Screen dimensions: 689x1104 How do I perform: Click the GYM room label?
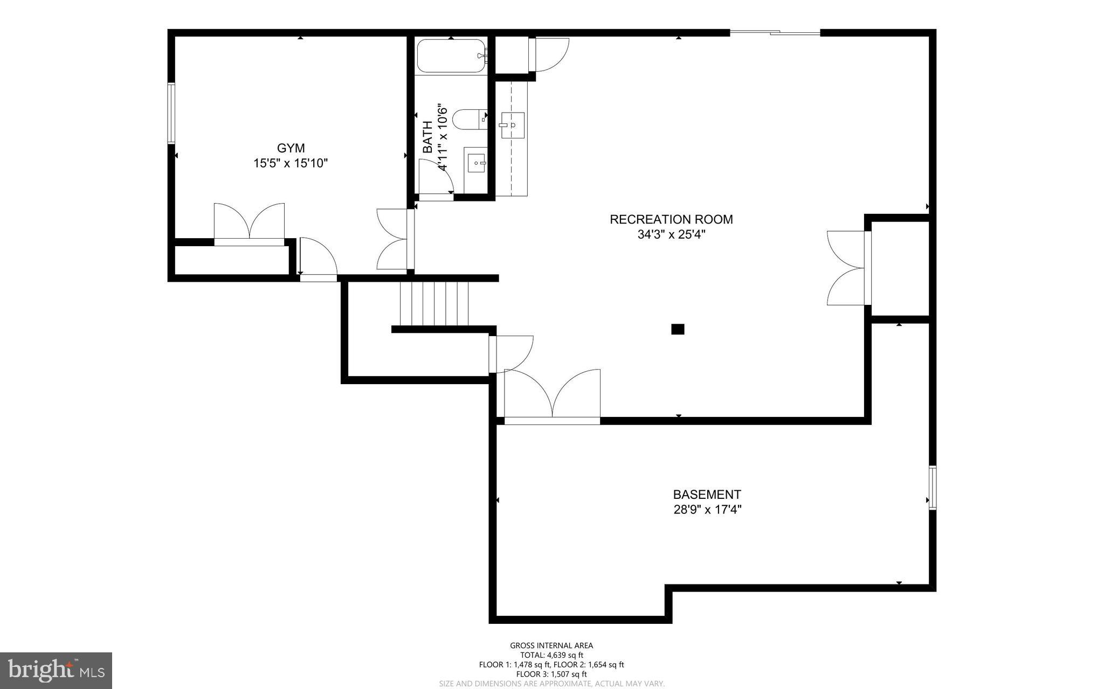[291, 148]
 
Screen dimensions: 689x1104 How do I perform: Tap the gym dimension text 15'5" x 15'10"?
[291, 163]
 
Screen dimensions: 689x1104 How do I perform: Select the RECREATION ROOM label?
[671, 219]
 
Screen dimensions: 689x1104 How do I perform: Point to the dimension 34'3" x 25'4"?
[671, 234]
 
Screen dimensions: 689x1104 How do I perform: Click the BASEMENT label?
[707, 495]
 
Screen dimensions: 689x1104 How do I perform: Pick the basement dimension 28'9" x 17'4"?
[707, 510]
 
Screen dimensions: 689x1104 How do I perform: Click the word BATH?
[427, 137]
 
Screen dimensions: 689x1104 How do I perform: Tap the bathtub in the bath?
[451, 56]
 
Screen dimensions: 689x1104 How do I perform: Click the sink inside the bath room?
[476, 162]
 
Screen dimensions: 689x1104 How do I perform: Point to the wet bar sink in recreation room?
[512, 125]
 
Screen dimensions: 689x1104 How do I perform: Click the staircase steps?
[434, 304]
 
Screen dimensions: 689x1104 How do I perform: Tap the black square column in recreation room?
[678, 329]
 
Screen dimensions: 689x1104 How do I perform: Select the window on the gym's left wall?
[171, 113]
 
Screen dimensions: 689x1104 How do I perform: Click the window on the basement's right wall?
[933, 488]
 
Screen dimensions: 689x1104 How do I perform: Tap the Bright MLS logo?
[56, 670]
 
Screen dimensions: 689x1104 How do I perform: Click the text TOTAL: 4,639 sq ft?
[551, 655]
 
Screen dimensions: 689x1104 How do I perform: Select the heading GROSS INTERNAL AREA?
[551, 645]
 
